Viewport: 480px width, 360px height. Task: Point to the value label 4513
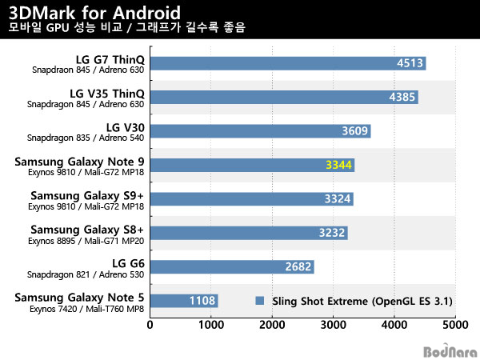pos(410,63)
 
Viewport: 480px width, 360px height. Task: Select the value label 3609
pos(355,131)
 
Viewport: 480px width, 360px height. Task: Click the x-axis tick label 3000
pos(333,326)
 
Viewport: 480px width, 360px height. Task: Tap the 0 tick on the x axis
pos(150,326)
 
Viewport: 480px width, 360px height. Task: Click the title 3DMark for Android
pos(94,12)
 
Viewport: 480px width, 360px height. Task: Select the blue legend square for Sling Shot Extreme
pos(259,302)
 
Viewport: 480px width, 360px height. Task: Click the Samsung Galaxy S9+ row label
pos(87,195)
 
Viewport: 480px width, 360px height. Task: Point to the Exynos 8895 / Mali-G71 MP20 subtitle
pos(86,240)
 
